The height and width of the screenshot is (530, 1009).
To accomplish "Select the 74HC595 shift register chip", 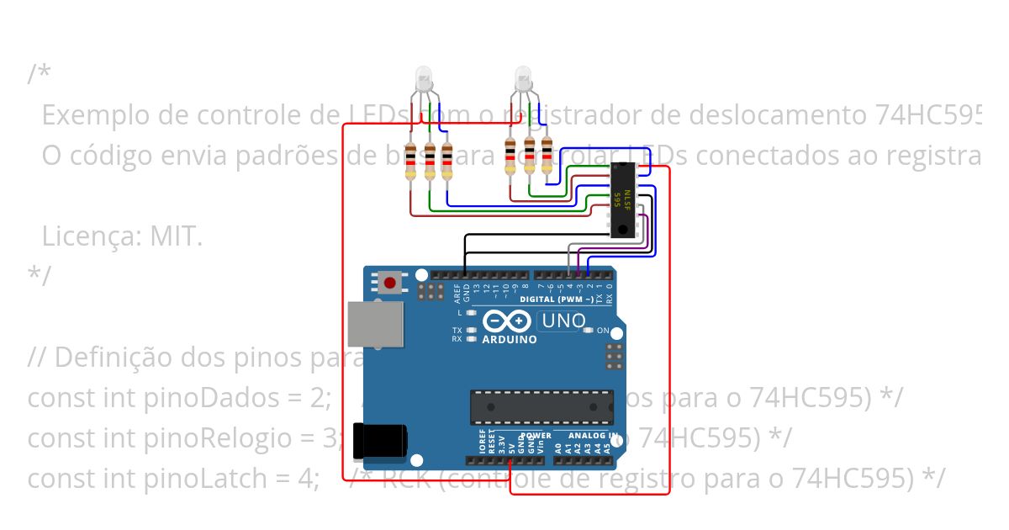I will pyautogui.click(x=622, y=199).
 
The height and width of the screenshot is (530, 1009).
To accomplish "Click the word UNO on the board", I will pyautogui.click(x=563, y=321).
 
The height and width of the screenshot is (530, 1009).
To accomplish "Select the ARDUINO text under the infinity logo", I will pyautogui.click(x=510, y=340).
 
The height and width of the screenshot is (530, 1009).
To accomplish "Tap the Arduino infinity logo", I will pyautogui.click(x=507, y=321).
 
